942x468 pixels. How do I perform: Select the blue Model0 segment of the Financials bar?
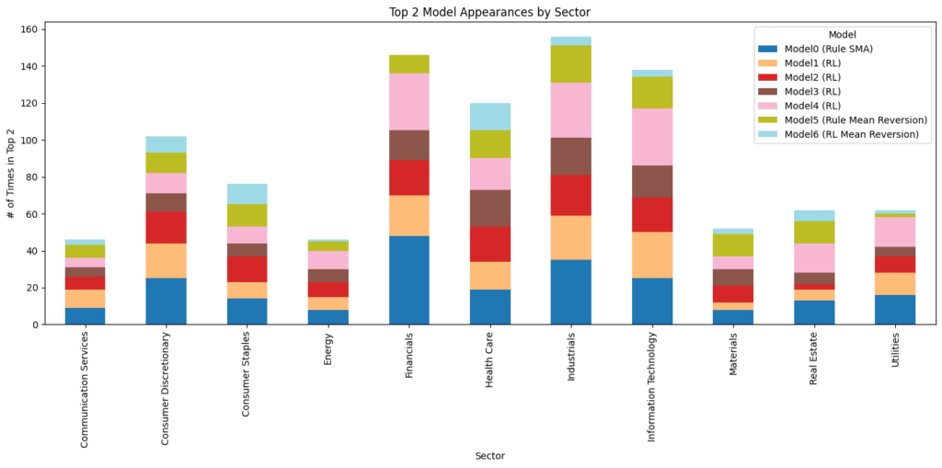pos(408,280)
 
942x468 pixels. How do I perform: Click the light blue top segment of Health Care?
pos(489,117)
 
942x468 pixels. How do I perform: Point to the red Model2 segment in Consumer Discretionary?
pos(166,227)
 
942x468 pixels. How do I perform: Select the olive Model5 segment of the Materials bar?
pos(733,245)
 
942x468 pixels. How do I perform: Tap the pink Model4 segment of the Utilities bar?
pos(895,232)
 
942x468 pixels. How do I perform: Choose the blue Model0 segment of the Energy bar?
pos(327,317)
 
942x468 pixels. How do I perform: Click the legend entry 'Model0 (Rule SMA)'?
pos(829,49)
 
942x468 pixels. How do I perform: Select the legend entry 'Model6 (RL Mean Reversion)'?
pos(851,134)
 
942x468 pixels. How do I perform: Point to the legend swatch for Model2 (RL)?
pos(768,77)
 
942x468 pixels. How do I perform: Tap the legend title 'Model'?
pos(842,34)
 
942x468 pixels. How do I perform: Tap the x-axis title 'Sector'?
pos(489,456)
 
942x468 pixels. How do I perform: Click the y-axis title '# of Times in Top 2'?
pos(12,177)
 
